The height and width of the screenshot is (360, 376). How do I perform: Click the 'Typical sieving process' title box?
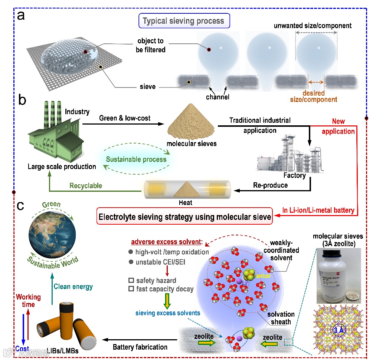click(183, 20)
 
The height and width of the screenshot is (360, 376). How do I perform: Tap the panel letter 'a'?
click(21, 16)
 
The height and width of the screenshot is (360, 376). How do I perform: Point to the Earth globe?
click(52, 232)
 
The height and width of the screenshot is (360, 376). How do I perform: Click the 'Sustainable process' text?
click(136, 159)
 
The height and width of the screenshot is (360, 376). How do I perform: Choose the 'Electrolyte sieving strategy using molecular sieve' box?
click(184, 217)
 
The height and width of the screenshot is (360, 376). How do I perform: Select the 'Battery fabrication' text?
click(140, 347)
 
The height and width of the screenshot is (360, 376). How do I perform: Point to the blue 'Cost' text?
click(22, 349)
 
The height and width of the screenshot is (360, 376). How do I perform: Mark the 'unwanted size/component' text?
click(313, 26)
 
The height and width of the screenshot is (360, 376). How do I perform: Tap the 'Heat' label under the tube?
click(186, 203)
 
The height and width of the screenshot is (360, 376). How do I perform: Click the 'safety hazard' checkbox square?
click(130, 281)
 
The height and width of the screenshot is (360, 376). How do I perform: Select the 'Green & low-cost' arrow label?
click(125, 118)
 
